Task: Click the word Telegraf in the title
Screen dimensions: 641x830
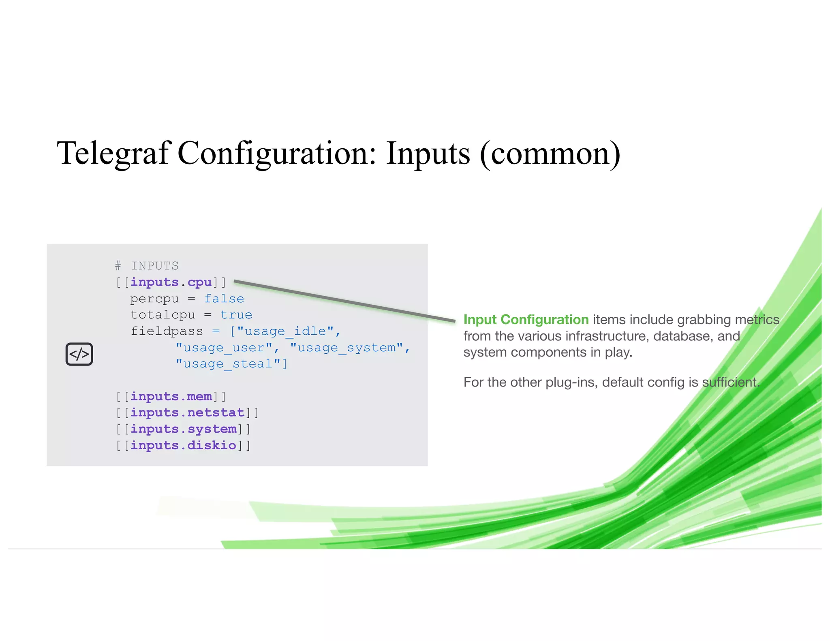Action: click(x=113, y=154)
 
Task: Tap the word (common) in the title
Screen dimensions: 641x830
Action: click(x=550, y=154)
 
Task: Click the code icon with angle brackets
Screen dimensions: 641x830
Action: click(x=79, y=354)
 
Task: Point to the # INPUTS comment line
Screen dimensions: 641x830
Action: click(x=147, y=266)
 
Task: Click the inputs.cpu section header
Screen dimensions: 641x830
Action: click(x=171, y=282)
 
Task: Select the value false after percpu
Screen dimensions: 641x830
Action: click(x=224, y=299)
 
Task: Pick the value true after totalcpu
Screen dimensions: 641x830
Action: click(x=236, y=315)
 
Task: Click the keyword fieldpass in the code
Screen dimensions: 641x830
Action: click(x=167, y=331)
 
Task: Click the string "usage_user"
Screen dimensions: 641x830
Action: click(x=224, y=348)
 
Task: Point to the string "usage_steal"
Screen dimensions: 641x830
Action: click(x=228, y=364)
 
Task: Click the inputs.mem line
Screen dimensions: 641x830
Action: click(x=171, y=396)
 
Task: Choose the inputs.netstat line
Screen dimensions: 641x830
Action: click(x=187, y=412)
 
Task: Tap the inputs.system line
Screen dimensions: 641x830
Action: click(x=183, y=429)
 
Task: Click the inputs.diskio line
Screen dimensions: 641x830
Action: click(x=183, y=445)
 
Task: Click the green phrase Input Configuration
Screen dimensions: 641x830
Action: click(x=526, y=320)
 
